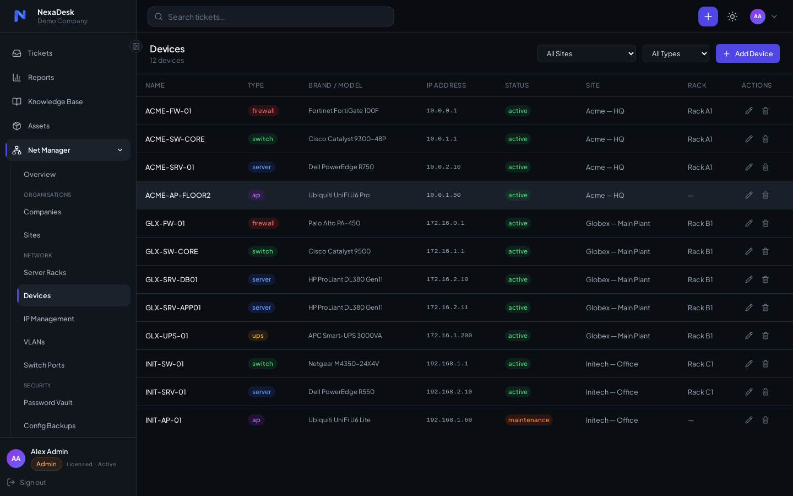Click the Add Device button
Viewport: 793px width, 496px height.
(747, 53)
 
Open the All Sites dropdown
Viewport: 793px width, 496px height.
(586, 53)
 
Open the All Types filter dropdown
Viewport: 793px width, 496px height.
(676, 53)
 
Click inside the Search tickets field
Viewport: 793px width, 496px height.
(270, 17)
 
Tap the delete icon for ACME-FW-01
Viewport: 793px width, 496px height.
(765, 111)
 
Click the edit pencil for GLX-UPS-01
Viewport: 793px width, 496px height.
(749, 336)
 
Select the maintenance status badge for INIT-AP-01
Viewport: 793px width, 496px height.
(529, 420)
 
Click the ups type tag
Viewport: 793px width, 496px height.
(258, 336)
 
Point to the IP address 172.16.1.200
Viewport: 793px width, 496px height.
(449, 336)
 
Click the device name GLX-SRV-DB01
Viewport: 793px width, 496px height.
(171, 279)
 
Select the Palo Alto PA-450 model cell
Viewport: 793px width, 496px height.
(334, 223)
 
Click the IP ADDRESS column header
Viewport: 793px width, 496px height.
(446, 85)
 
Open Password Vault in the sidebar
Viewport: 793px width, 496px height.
(48, 402)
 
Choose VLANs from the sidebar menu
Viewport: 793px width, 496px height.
(34, 342)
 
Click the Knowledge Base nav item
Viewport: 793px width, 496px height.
(55, 101)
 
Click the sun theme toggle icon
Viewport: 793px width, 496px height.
(732, 17)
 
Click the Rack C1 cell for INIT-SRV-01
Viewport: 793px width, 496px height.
(700, 392)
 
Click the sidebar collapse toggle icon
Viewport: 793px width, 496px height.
(136, 46)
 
